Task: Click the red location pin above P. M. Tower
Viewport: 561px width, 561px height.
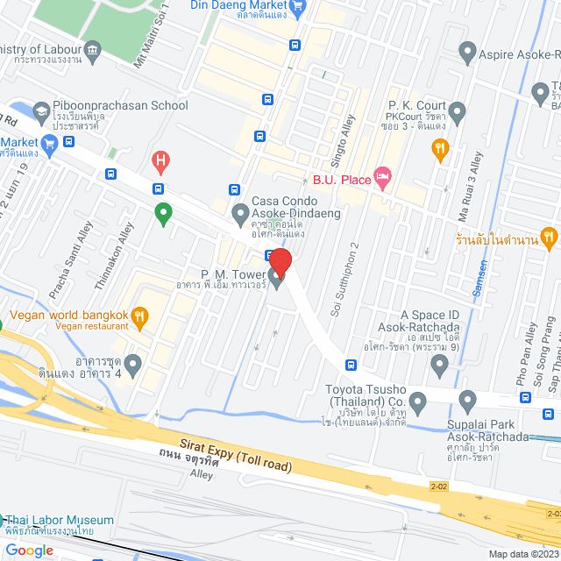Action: coord(280,261)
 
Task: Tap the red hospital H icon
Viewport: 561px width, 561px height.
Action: coord(160,160)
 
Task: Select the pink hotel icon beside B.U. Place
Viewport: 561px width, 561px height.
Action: coord(382,179)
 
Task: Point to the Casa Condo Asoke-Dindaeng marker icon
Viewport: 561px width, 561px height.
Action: coord(239,211)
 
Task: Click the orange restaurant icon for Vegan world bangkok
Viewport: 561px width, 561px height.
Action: coord(138,316)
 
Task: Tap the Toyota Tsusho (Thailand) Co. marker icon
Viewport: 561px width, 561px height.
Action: coord(417,403)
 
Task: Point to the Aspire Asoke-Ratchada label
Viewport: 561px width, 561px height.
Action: coord(520,54)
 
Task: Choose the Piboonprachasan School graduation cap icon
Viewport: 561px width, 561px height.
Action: coord(41,111)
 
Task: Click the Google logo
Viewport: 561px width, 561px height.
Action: coord(29,550)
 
